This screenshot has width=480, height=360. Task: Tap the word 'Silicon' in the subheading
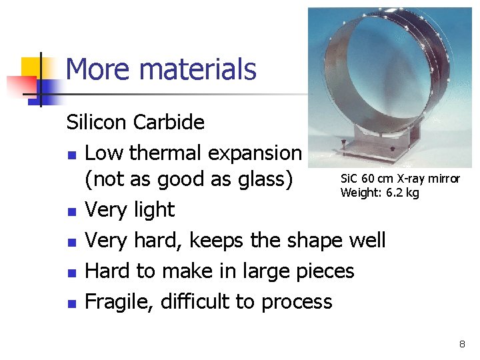click(x=97, y=123)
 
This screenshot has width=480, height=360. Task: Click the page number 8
click(x=461, y=344)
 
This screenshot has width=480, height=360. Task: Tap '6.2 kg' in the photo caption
click(x=404, y=193)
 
